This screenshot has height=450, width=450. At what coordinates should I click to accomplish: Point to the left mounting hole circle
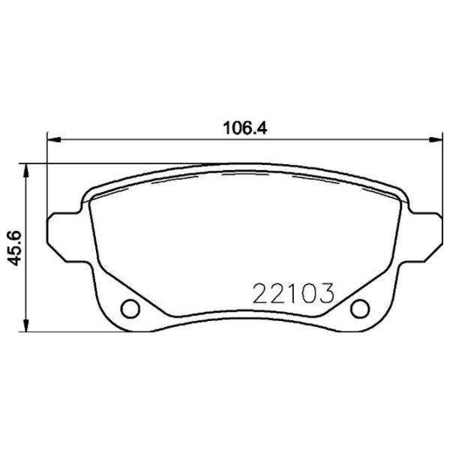click(130, 307)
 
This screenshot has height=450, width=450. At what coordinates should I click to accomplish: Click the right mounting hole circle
click(361, 307)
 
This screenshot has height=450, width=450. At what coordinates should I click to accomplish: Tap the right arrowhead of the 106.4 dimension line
click(436, 139)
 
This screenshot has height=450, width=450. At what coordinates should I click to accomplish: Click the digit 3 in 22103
click(323, 290)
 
